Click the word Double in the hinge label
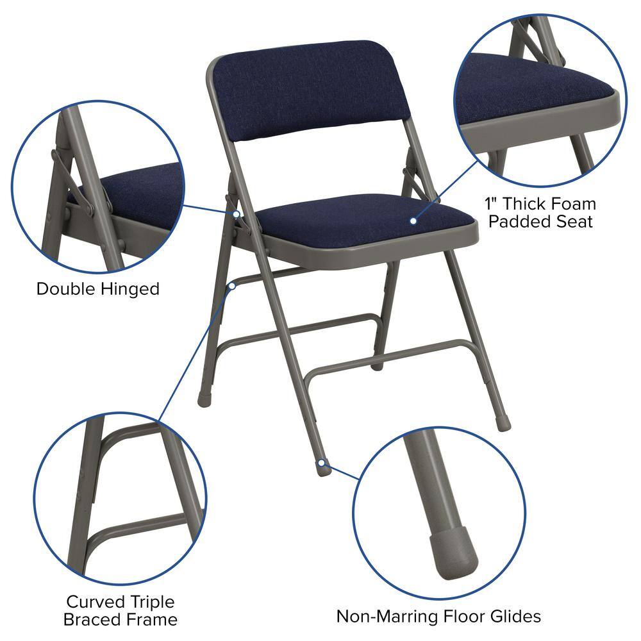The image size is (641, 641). pos(65,288)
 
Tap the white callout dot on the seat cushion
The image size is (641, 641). pos(413,221)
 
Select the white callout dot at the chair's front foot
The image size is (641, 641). pos(320,462)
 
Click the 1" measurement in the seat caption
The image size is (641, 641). pos(492,204)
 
